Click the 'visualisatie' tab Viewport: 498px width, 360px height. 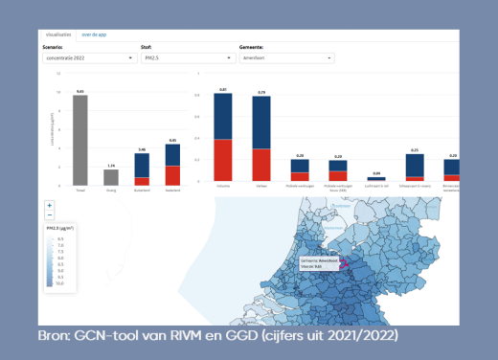[x=58, y=34]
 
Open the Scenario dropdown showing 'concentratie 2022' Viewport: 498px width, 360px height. [x=89, y=58]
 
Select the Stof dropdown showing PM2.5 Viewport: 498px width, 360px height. [x=188, y=58]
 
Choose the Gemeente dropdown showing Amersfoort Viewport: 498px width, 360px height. [x=286, y=58]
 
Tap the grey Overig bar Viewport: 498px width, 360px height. [x=111, y=177]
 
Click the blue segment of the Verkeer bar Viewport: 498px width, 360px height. [x=260, y=123]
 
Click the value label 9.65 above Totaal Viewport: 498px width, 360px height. [x=80, y=90]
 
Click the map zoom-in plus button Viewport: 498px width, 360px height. [x=49, y=206]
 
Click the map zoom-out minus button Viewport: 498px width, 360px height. [x=49, y=215]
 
